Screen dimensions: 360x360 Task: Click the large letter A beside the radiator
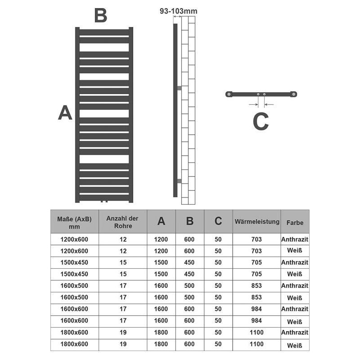click(x=65, y=112)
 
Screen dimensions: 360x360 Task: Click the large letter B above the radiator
click(x=100, y=15)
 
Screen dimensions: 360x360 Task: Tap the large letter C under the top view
click(x=261, y=121)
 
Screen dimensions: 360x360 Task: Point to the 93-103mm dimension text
click(x=178, y=11)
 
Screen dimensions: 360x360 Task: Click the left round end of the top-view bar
click(x=229, y=94)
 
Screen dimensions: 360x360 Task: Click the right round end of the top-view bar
click(x=293, y=94)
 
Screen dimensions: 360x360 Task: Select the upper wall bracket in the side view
click(x=179, y=88)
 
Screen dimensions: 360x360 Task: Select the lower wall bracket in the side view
click(x=179, y=180)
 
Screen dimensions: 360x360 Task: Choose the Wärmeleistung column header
click(x=256, y=222)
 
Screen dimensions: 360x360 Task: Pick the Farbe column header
click(x=295, y=222)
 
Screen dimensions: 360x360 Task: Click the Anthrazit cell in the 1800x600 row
click(x=295, y=333)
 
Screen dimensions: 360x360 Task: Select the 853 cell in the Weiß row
click(x=256, y=297)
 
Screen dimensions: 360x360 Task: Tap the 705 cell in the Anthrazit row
click(x=256, y=262)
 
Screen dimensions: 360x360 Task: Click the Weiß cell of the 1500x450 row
click(x=295, y=274)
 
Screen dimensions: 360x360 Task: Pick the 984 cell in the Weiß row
click(x=256, y=321)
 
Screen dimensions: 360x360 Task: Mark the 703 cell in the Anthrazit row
click(x=256, y=239)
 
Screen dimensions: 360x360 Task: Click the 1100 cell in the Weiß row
click(x=256, y=344)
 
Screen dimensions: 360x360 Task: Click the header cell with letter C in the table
click(x=218, y=221)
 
